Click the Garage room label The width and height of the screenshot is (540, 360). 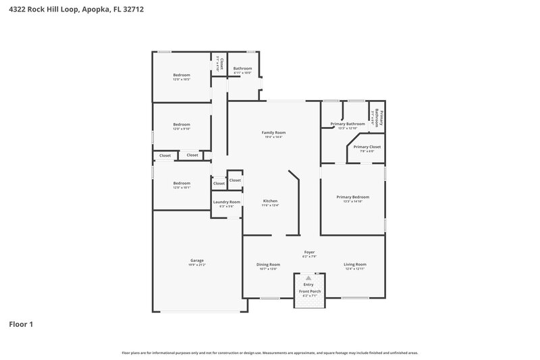(197, 260)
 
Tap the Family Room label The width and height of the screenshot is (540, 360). (273, 132)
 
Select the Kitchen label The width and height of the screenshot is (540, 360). (270, 201)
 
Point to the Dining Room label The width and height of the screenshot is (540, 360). (268, 264)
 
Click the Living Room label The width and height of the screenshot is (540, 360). (355, 264)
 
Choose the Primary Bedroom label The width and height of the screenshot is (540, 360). (353, 197)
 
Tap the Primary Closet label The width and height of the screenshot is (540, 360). (367, 147)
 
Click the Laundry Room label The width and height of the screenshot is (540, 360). (227, 202)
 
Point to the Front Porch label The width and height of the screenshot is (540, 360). (310, 291)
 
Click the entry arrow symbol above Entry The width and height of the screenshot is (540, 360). (309, 278)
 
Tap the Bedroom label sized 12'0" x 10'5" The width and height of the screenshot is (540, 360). (182, 75)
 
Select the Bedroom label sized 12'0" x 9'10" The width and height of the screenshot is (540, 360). (182, 124)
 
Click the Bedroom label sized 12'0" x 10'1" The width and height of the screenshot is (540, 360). (182, 183)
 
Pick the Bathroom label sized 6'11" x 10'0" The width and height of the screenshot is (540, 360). (243, 68)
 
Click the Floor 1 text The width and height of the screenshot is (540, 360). (21, 324)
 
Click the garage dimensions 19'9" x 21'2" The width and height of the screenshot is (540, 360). (197, 265)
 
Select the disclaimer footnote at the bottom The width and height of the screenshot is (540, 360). (270, 353)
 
